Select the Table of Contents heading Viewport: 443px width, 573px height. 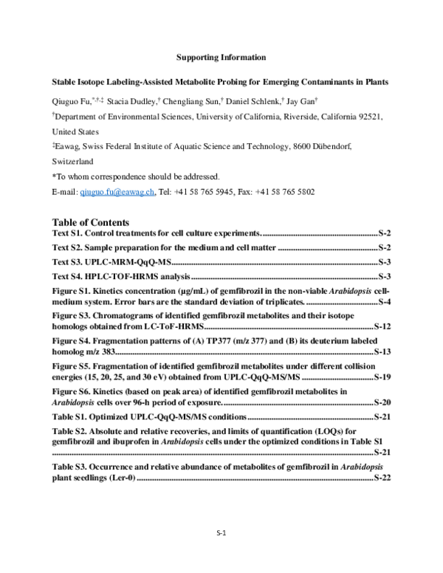(x=91, y=222)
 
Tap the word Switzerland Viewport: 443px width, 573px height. (x=72, y=161)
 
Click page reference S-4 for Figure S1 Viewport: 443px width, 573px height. (x=384, y=303)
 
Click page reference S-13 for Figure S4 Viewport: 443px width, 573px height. (x=382, y=351)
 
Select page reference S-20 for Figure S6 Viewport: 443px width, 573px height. (x=382, y=402)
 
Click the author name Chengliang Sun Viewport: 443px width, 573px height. (x=190, y=101)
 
